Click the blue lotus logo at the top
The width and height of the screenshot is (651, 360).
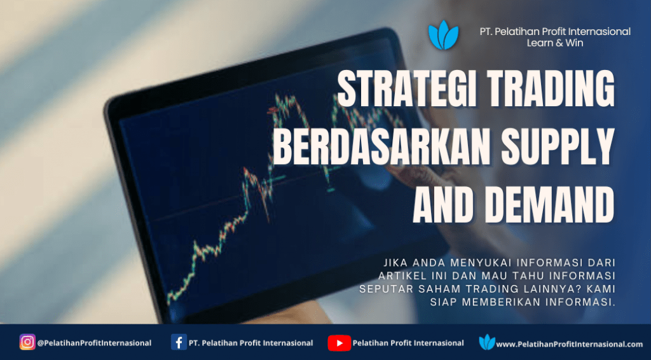[443, 35]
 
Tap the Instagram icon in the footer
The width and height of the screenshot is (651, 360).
[27, 342]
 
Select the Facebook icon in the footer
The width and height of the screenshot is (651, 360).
[179, 342]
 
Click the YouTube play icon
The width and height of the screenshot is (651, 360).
[339, 343]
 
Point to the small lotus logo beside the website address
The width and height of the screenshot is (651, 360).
[487, 342]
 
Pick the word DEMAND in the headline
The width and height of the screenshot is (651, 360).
[550, 204]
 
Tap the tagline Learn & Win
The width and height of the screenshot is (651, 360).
[554, 43]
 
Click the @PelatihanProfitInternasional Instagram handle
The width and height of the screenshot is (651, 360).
[94, 343]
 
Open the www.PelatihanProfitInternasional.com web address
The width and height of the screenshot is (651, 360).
[570, 344]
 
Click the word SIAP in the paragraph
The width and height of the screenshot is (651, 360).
[443, 302]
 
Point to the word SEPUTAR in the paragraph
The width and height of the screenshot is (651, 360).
[385, 289]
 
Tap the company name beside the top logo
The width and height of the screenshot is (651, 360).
[555, 32]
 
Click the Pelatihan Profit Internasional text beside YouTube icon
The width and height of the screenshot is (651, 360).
[408, 343]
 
